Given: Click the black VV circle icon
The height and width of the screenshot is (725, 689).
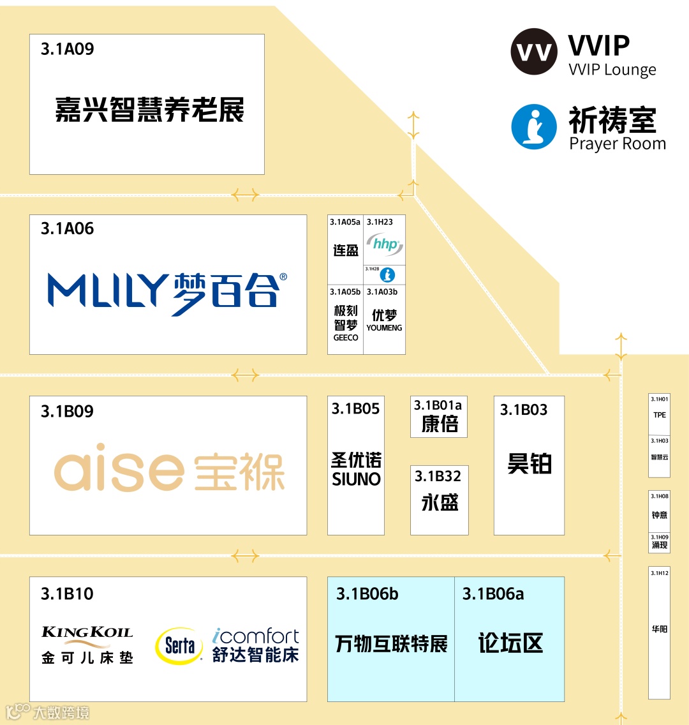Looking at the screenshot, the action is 534,52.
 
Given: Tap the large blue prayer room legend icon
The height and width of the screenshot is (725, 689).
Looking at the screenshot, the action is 534,127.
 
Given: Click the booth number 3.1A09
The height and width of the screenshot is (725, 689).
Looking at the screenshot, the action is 67,49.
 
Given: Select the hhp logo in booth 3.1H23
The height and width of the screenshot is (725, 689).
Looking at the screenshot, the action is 385,244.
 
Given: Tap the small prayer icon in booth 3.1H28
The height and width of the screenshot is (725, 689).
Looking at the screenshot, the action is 387,275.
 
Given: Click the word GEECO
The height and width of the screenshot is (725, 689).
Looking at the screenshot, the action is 346,338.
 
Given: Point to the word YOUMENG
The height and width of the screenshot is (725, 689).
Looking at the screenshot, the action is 384,327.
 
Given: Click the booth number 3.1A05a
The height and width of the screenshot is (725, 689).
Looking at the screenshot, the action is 345,222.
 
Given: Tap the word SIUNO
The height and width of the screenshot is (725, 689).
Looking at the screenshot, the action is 356,479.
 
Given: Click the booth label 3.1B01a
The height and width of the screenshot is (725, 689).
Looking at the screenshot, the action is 438,405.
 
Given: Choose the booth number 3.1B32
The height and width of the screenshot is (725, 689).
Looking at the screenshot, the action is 438,476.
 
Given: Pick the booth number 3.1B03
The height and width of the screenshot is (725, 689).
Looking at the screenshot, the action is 524,410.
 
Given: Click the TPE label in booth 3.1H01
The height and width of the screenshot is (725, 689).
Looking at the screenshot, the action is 660,415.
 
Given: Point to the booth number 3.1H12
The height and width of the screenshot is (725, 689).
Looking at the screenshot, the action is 660,573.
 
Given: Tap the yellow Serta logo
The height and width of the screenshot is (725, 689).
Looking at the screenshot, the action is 179,646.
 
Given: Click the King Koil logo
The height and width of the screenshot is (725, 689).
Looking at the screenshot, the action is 87,632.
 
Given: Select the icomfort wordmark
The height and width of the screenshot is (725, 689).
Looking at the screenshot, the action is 256,636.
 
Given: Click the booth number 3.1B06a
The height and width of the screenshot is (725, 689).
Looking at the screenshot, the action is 493,594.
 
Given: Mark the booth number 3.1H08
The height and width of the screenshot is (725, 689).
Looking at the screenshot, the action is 660,496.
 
